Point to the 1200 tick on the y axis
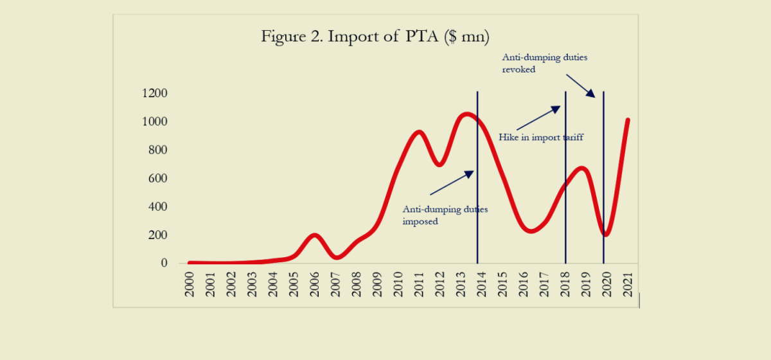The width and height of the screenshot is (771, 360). pyautogui.click(x=154, y=94)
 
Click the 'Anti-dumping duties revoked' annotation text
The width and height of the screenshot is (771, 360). pyautogui.click(x=545, y=63)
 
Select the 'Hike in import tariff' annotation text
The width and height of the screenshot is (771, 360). pyautogui.click(x=541, y=137)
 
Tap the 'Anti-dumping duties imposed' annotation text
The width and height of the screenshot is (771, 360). pyautogui.click(x=445, y=215)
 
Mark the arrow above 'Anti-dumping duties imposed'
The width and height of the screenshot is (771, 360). pyautogui.click(x=452, y=183)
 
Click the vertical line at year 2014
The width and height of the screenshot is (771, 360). pyautogui.click(x=477, y=193)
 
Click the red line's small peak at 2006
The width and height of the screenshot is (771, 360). pyautogui.click(x=314, y=235)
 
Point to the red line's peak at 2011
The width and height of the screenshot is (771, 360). pyautogui.click(x=418, y=132)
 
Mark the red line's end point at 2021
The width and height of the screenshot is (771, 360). pyautogui.click(x=628, y=120)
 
